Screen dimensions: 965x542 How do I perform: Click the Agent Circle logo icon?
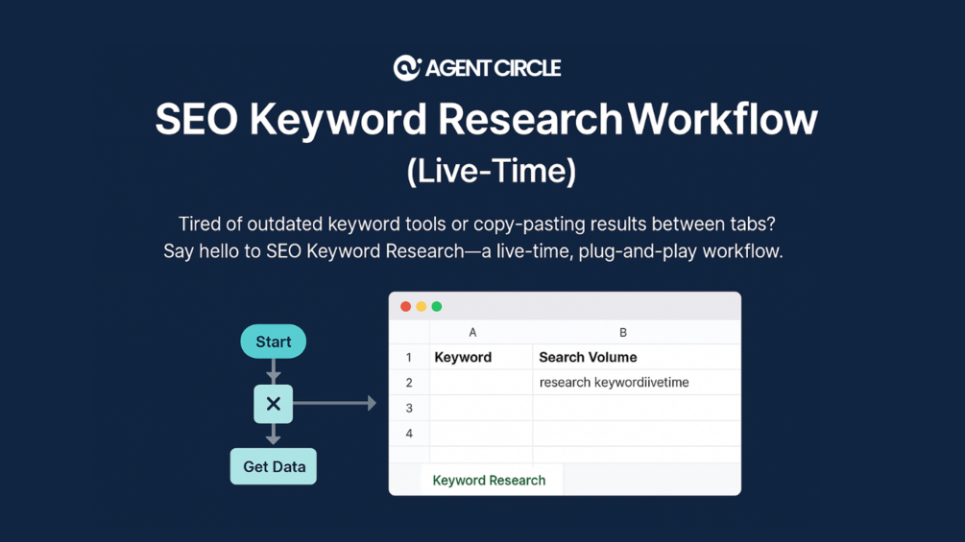click(407, 67)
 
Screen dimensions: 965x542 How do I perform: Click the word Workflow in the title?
click(722, 119)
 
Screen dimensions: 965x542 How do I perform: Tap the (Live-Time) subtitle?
click(491, 171)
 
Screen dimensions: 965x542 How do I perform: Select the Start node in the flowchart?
click(274, 342)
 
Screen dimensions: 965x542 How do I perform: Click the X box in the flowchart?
click(274, 404)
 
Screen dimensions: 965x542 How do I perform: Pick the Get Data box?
click(274, 466)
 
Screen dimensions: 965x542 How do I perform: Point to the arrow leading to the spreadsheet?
click(334, 403)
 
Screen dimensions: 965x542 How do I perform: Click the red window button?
click(405, 307)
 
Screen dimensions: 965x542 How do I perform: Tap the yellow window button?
click(421, 307)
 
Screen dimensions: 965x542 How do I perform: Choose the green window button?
click(436, 307)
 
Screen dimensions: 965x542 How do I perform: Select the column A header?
click(472, 333)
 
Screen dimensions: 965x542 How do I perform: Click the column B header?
click(623, 333)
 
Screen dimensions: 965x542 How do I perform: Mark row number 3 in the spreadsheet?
click(409, 408)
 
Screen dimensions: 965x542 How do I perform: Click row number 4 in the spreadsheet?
click(409, 434)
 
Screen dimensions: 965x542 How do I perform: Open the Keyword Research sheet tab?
click(490, 480)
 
